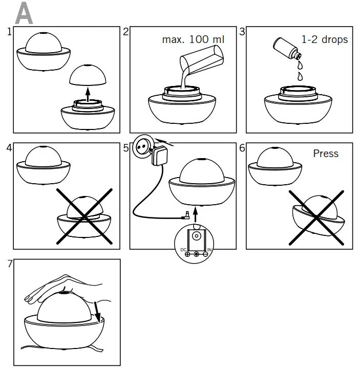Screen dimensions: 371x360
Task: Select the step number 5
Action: click(126, 148)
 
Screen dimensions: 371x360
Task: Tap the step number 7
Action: click(9, 264)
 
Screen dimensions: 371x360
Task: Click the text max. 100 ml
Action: click(193, 39)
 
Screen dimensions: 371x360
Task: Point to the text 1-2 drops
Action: click(324, 39)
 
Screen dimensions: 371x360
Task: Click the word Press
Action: click(326, 153)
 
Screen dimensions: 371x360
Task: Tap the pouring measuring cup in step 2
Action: click(200, 61)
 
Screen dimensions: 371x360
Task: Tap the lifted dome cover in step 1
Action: click(87, 75)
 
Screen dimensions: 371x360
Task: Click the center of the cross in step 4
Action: click(85, 216)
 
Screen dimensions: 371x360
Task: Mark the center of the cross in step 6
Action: click(317, 217)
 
